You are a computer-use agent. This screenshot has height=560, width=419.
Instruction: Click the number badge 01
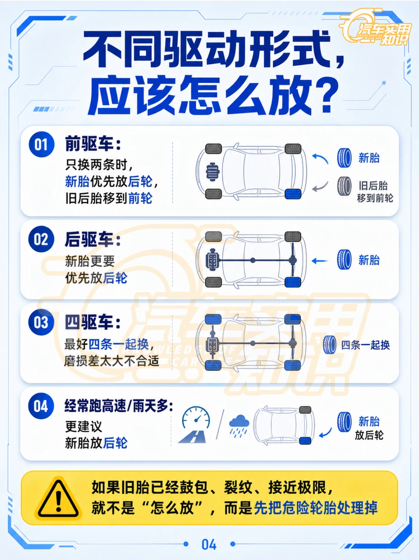click(x=41, y=144)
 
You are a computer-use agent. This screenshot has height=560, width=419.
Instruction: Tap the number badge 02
click(x=41, y=239)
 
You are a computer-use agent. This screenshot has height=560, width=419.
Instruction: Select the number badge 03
click(x=41, y=322)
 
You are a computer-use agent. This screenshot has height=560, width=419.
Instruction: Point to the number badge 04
click(x=41, y=406)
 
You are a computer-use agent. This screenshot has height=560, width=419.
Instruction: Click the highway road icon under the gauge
click(x=192, y=436)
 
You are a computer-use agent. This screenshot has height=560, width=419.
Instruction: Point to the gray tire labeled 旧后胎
click(x=344, y=186)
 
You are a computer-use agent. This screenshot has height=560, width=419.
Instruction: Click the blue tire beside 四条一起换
click(x=330, y=344)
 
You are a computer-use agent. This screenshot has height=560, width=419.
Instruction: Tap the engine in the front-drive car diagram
click(x=213, y=172)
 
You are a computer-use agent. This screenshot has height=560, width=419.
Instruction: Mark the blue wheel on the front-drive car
click(x=293, y=194)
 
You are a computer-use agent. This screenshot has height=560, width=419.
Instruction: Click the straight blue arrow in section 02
click(x=320, y=261)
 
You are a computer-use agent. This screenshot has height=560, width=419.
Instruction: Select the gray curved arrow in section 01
click(x=320, y=187)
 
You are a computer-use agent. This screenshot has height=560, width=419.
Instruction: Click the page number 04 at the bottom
click(x=209, y=544)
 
